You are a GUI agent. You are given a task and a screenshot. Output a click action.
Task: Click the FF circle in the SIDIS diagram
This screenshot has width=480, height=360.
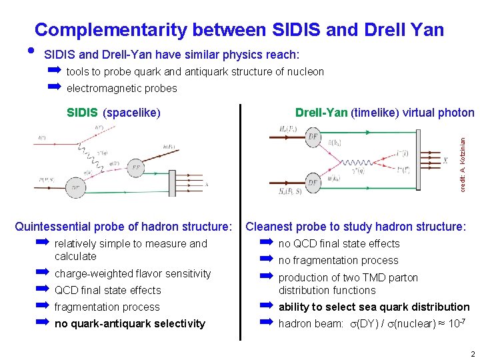click(136, 167)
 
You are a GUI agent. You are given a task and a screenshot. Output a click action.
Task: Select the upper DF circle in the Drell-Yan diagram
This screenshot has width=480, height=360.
click(313, 137)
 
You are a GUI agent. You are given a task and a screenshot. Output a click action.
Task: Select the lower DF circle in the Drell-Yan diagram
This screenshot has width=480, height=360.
click(313, 183)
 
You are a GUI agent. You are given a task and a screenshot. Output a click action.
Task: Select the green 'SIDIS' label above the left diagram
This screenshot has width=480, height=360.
click(83, 113)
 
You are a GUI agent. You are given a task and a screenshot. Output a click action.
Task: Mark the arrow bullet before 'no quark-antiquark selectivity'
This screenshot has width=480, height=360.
click(43, 323)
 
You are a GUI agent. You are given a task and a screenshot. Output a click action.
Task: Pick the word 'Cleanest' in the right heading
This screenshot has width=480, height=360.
click(269, 227)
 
